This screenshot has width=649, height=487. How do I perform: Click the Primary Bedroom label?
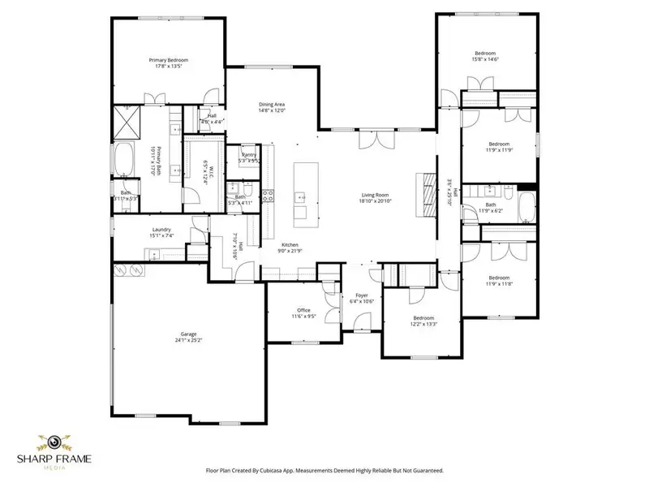[168, 60]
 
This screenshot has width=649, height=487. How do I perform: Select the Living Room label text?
[376, 195]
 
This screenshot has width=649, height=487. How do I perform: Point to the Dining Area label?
[271, 104]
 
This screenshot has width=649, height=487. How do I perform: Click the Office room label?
[304, 310]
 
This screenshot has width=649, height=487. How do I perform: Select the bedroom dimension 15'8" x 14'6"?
[485, 59]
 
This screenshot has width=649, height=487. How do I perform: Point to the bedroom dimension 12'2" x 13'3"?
[423, 324]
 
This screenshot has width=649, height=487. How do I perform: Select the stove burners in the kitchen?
[269, 196]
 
